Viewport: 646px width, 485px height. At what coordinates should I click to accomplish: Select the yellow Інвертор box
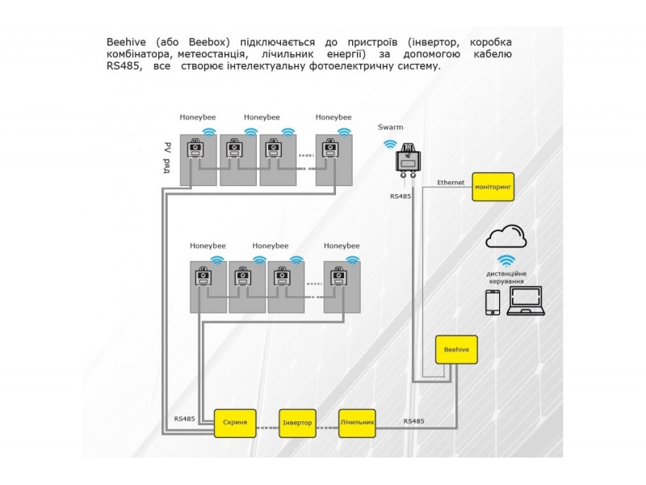point(298,424)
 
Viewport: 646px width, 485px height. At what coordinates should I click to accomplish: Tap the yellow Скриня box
point(235,423)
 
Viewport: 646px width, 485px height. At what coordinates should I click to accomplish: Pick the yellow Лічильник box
point(358,423)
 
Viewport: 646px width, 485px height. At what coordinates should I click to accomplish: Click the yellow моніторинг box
point(493,188)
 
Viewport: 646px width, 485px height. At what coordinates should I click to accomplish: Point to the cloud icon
point(506,237)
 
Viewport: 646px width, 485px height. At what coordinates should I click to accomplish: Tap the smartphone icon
point(492,303)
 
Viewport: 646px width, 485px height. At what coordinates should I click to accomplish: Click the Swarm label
point(390,128)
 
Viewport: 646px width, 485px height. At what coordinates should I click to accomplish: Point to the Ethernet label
point(451,183)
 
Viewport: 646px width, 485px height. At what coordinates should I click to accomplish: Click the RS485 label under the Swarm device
point(401,196)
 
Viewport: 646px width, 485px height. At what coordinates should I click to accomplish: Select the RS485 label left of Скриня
point(184,419)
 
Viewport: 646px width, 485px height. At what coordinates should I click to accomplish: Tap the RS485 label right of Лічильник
point(413,421)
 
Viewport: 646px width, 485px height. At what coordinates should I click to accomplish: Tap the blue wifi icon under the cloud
point(506,260)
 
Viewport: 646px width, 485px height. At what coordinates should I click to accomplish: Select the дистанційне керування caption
point(506,277)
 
